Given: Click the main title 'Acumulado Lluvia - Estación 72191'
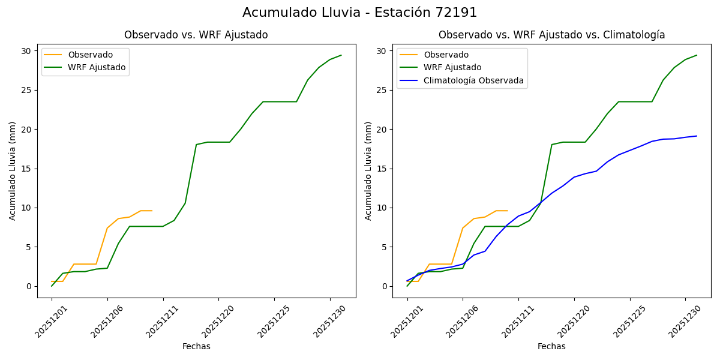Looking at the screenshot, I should pyautogui.click(x=360, y=13).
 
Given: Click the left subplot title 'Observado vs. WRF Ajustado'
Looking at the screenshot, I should pyautogui.click(x=196, y=35).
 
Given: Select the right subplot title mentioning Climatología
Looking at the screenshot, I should pyautogui.click(x=551, y=35).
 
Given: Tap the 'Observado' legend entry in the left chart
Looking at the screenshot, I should pyautogui.click(x=90, y=55).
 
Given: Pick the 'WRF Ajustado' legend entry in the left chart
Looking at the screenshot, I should pyautogui.click(x=97, y=68).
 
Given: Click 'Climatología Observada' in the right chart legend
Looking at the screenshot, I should pyautogui.click(x=473, y=80).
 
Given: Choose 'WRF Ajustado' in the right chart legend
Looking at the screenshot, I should pyautogui.click(x=452, y=68).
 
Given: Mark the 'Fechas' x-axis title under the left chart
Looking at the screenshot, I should pyautogui.click(x=196, y=346).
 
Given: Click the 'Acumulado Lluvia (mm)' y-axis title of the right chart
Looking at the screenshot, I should pyautogui.click(x=368, y=170).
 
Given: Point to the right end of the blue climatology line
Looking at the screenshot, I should pyautogui.click(x=697, y=136).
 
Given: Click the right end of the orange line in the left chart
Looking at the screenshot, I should pyautogui.click(x=152, y=211).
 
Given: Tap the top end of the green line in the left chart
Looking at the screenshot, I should pyautogui.click(x=341, y=55).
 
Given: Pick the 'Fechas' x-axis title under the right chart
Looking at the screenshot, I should pyautogui.click(x=551, y=346).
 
